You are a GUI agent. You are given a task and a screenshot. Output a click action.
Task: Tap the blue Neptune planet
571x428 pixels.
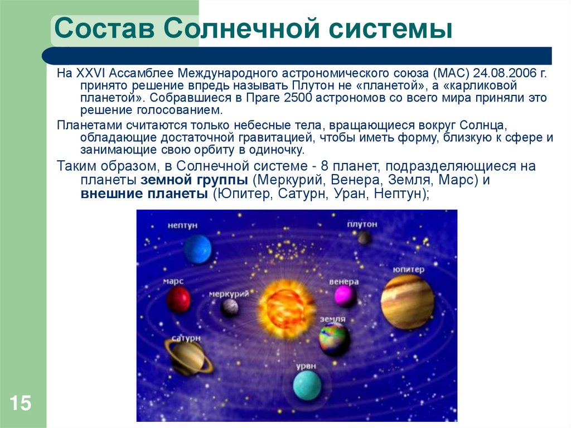pos(198,249)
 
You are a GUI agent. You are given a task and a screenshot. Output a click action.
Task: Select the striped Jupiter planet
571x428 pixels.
pos(407,301)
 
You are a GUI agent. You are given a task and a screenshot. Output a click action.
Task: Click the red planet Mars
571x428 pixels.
pos(178,300)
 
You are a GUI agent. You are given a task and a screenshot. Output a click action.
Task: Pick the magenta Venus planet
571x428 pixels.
pos(345,296)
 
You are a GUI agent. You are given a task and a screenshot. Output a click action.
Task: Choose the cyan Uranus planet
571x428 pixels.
pos(307,386)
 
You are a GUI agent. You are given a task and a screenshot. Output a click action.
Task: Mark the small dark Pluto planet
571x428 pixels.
pos(364,238)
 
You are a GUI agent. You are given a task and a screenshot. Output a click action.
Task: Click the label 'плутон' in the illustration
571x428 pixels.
pos(362,224)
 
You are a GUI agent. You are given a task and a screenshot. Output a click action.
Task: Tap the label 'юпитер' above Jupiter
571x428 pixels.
pos(408,270)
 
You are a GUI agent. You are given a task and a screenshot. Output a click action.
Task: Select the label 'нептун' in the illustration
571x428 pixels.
pos(183,225)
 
